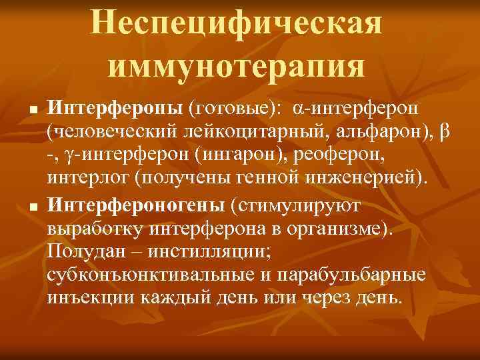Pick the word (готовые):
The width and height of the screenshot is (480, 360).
tap(233, 108)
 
